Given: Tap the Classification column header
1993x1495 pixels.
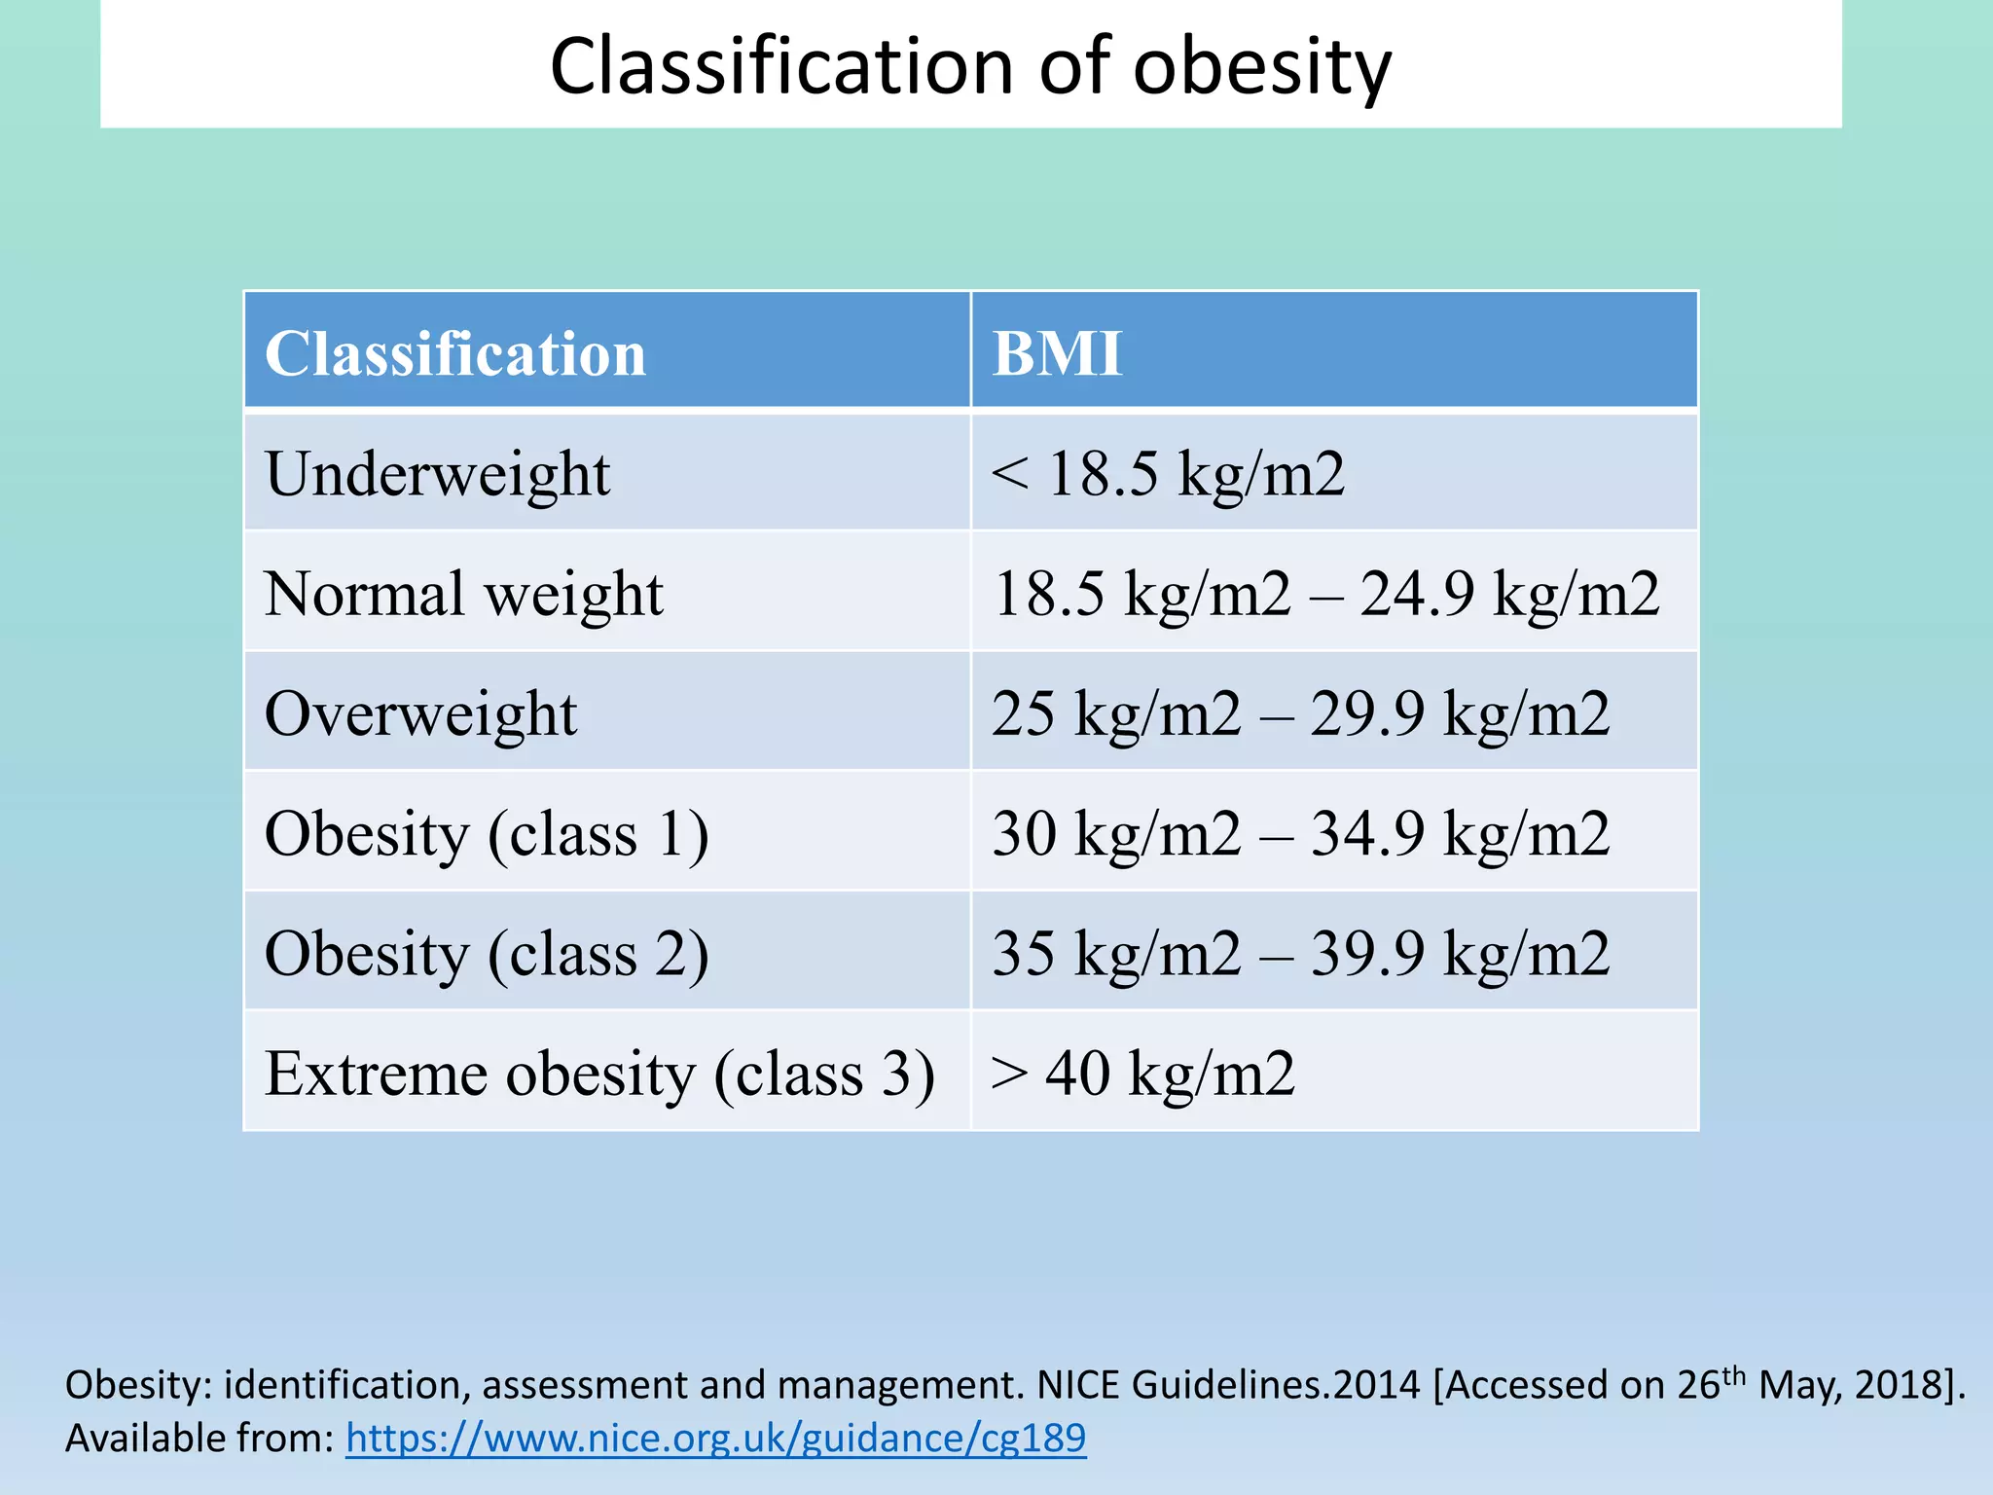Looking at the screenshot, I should [x=455, y=353].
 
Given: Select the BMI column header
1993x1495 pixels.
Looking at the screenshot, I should [x=1057, y=353].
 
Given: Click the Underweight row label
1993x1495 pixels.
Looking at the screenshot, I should [x=437, y=475].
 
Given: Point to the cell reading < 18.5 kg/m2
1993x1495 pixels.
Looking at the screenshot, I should [x=1168, y=475].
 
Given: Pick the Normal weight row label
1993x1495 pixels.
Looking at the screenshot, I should [x=463, y=594].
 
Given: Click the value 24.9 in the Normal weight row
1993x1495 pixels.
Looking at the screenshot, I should [x=1417, y=594].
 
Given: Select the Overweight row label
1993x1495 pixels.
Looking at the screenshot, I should [x=420, y=713].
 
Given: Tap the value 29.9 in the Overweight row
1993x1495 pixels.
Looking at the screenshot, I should [x=1367, y=713].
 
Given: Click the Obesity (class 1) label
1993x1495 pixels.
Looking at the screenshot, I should [x=487, y=834].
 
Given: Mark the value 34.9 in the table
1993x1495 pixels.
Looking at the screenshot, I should [x=1367, y=834].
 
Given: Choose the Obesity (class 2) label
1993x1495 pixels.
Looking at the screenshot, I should [x=487, y=954].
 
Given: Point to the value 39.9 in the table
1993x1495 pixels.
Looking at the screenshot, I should [x=1367, y=954].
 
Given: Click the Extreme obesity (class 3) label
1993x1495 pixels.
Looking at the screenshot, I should [x=599, y=1074].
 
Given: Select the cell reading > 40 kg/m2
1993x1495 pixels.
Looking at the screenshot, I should [x=1142, y=1074].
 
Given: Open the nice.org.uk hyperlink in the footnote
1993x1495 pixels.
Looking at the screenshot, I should [x=715, y=1439].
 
